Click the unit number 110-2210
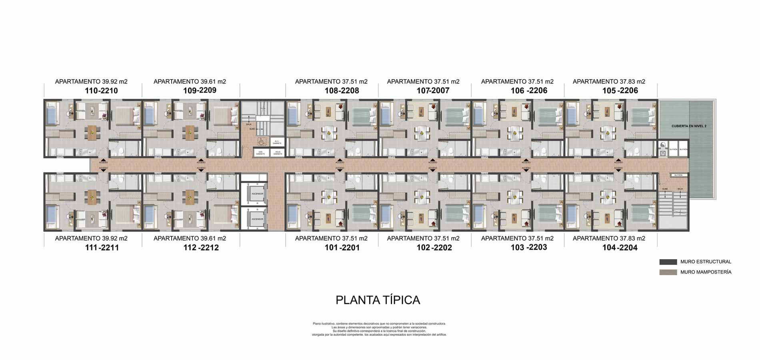tap(101, 91)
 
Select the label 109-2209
tap(200, 90)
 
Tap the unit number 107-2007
tap(433, 91)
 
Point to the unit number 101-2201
tap(342, 248)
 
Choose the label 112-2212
tap(201, 248)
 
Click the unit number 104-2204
tap(620, 248)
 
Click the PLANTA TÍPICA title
tap(378, 300)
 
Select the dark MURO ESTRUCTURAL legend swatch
tap(668, 262)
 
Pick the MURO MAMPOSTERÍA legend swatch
tap(668, 272)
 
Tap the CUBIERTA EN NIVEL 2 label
tap(689, 126)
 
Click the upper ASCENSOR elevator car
tap(257, 194)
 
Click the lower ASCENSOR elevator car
tap(257, 219)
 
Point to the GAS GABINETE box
tap(260, 153)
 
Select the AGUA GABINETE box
tap(278, 153)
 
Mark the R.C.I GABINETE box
tap(277, 142)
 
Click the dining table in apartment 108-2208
tap(329, 133)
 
